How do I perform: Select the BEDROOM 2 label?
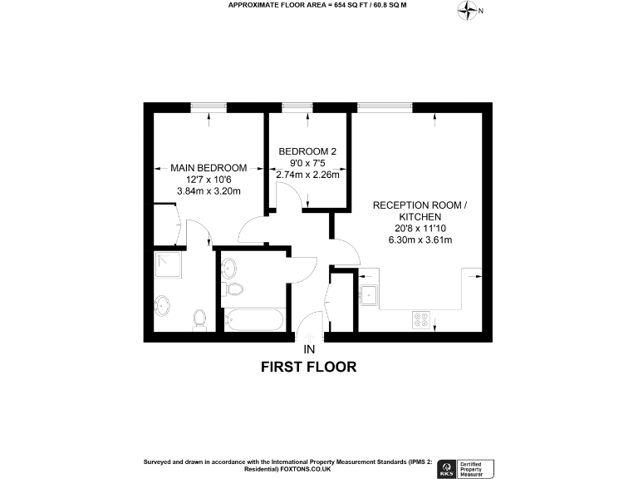pyautogui.click(x=307, y=151)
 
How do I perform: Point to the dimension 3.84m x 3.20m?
pyautogui.click(x=209, y=190)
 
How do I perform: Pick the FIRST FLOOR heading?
pyautogui.click(x=308, y=366)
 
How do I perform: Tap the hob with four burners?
pyautogui.click(x=420, y=319)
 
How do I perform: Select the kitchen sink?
pyautogui.click(x=368, y=292)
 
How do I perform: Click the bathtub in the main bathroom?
pyautogui.click(x=254, y=320)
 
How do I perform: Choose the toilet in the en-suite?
pyautogui.click(x=199, y=319)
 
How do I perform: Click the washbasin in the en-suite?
pyautogui.click(x=164, y=304)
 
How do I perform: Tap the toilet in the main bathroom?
pyautogui.click(x=234, y=289)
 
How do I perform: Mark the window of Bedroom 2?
pyautogui.click(x=297, y=106)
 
